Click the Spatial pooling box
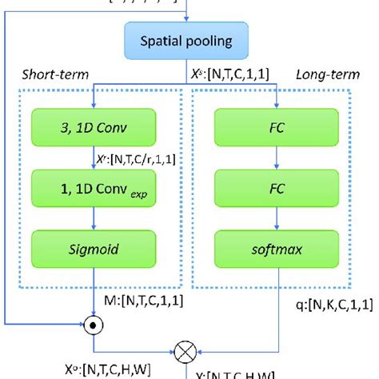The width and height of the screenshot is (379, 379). pos(189,40)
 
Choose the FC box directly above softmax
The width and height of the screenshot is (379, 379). pos(275,193)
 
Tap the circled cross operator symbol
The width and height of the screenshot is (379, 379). pos(189,349)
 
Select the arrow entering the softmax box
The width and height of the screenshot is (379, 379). pos(275,224)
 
